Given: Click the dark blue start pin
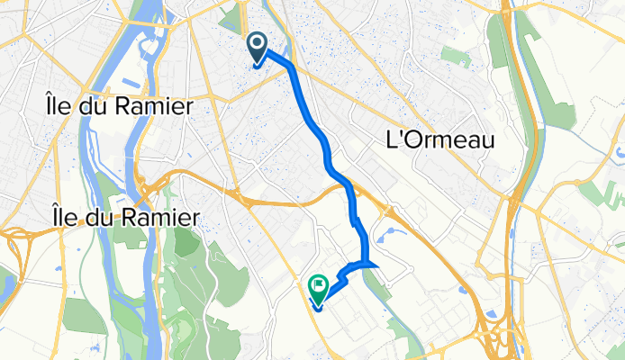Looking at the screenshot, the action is (x=257, y=47).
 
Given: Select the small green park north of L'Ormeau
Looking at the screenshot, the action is (x=456, y=58).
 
